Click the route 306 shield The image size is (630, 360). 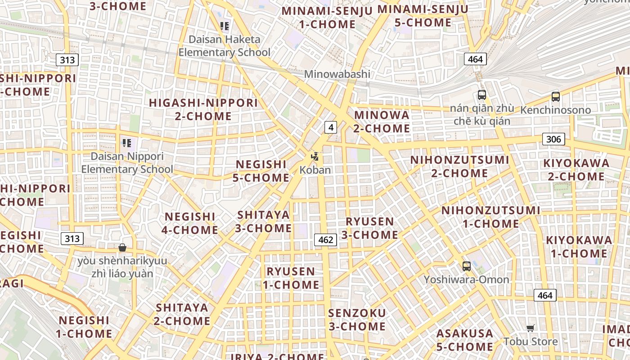point(553,139)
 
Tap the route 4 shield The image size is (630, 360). point(331,127)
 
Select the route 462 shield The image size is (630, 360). point(325,240)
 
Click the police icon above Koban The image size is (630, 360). point(315,157)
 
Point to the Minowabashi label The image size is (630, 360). point(337,74)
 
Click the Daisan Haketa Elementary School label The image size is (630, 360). point(225,46)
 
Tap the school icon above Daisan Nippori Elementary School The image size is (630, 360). point(126,143)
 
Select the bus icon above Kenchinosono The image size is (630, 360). point(555,96)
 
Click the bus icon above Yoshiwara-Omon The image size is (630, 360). point(466,266)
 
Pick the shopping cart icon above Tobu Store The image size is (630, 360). point(531,328)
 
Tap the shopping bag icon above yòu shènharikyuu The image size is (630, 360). point(122,247)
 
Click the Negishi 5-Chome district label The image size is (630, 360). point(261,171)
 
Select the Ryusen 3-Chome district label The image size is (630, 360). point(369,228)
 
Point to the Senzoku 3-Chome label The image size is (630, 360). point(357,319)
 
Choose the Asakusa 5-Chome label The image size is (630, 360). point(465,340)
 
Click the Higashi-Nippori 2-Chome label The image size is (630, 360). point(203,109)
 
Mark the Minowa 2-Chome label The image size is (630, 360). point(382,121)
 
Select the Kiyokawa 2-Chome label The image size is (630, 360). point(576,170)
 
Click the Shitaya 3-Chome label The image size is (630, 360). point(263,221)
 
